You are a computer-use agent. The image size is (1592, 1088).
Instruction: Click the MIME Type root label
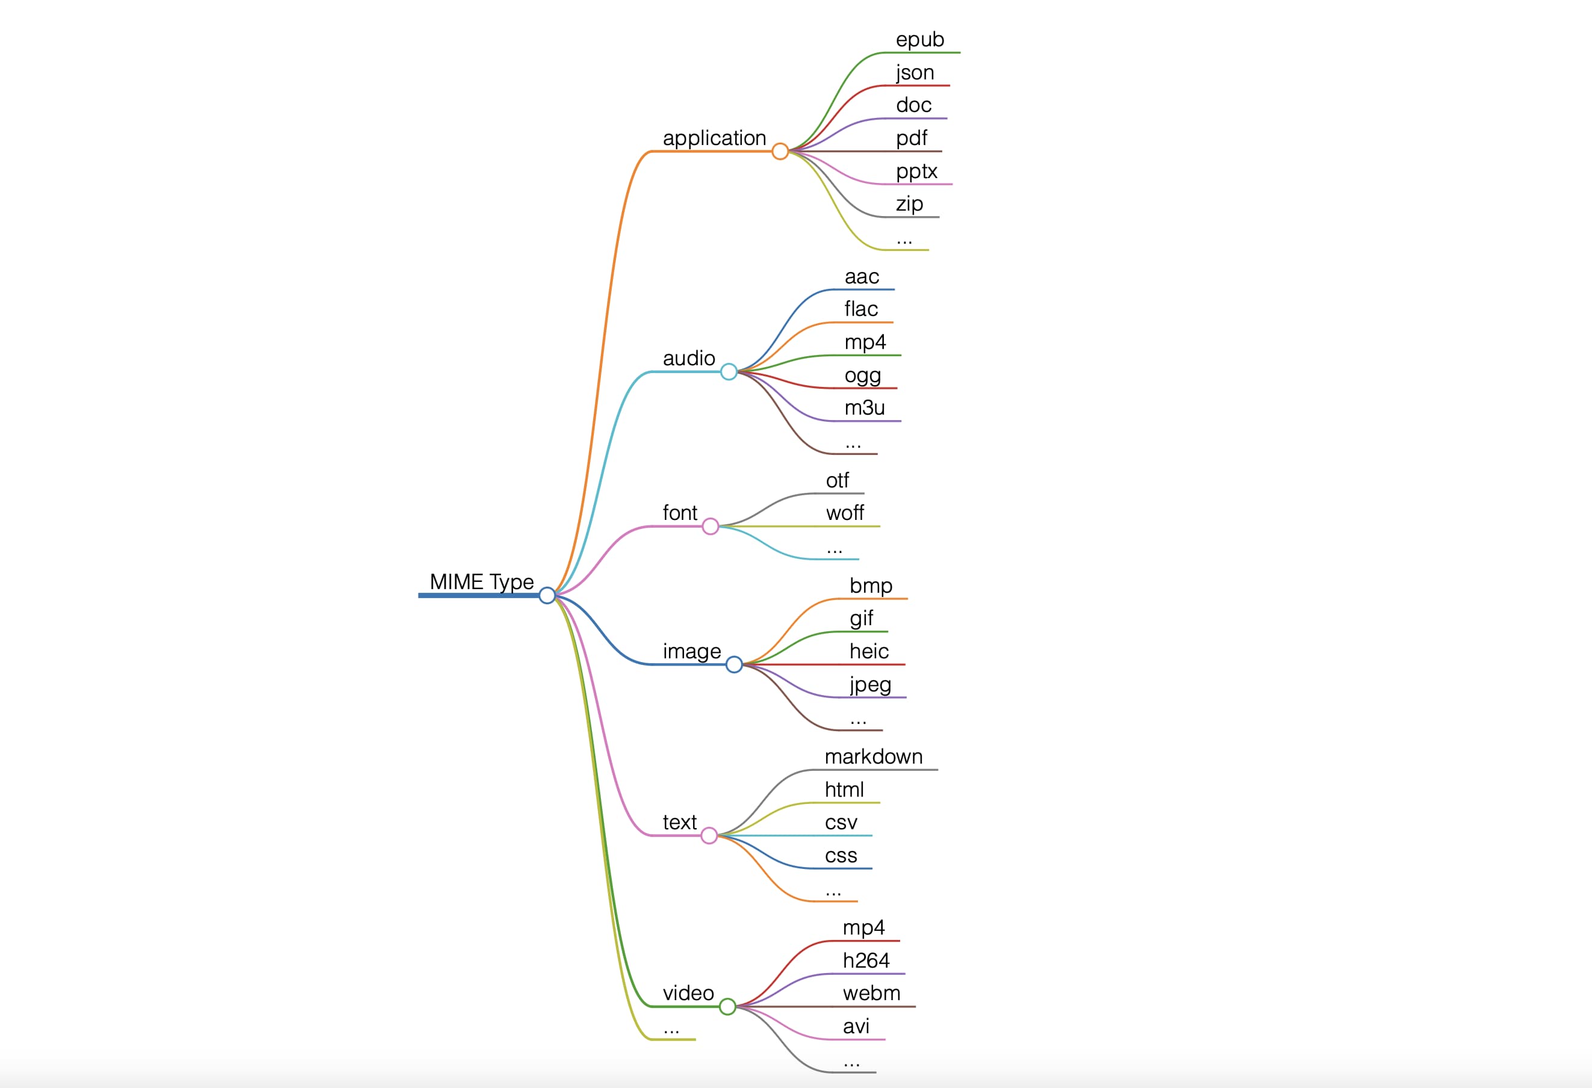tap(482, 581)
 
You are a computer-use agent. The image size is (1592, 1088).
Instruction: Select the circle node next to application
tap(780, 151)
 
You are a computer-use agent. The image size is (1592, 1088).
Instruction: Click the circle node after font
tap(710, 527)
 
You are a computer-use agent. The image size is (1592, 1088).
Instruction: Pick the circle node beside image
tap(733, 664)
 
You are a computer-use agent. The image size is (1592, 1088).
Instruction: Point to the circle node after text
tap(709, 835)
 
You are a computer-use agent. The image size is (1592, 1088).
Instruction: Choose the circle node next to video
tap(727, 1007)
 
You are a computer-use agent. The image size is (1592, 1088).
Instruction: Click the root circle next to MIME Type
tap(547, 596)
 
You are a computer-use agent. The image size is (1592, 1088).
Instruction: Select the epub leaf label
tap(919, 40)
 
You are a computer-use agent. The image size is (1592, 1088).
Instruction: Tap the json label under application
tap(915, 73)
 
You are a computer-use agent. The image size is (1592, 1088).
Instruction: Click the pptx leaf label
tap(916, 171)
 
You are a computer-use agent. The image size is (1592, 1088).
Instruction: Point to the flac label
tap(861, 309)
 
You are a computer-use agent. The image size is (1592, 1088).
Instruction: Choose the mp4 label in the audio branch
tap(865, 342)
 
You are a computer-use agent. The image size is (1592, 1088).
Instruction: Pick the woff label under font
tap(845, 513)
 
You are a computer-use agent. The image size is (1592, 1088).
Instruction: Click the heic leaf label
tap(869, 651)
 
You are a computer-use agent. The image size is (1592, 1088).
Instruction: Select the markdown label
tap(874, 756)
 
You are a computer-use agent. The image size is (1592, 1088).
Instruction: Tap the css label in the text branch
tap(841, 855)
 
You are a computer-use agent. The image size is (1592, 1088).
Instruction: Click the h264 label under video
tap(866, 960)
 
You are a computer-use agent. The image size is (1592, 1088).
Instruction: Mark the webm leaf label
tap(871, 994)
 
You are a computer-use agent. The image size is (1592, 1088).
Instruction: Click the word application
tap(714, 138)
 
